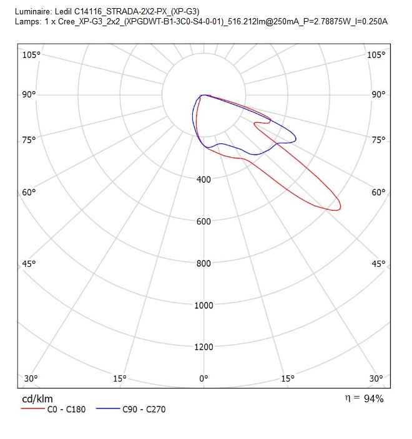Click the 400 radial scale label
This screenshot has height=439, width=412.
(204, 179)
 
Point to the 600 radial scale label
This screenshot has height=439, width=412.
(204, 221)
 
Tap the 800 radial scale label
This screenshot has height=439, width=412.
(204, 263)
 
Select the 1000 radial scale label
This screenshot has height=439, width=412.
(204, 306)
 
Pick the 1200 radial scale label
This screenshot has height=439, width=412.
(204, 347)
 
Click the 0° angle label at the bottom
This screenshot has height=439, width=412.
(204, 379)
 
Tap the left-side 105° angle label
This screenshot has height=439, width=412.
(31, 55)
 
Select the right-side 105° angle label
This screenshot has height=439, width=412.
(376, 55)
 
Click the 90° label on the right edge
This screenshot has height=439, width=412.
(378, 94)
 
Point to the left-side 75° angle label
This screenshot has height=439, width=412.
(29, 140)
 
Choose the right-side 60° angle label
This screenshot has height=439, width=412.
(378, 192)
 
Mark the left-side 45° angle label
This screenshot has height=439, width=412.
(29, 264)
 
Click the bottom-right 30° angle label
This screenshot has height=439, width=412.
(376, 379)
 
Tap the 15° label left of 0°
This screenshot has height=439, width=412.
(120, 379)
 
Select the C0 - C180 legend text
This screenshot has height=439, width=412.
(66, 409)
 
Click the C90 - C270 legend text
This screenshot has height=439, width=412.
(144, 409)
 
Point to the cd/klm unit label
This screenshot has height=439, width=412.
(37, 398)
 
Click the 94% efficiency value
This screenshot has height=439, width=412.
(373, 398)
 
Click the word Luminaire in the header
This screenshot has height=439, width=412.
(33, 11)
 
